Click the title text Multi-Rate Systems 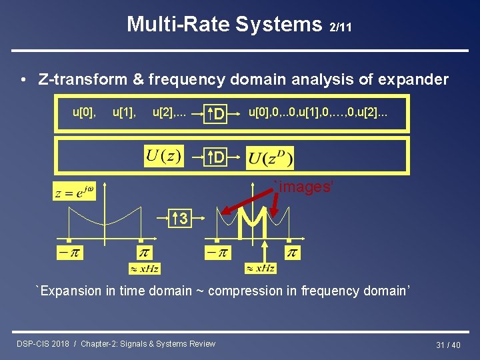coord(224,25)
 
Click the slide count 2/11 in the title coord(341,27)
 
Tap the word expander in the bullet coord(413,80)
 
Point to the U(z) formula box coord(163,157)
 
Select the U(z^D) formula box coord(270,159)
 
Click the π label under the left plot coord(144,253)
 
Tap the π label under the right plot coord(292,253)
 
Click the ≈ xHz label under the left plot coord(145,269)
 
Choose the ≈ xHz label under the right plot coord(260,268)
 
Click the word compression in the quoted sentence coord(245,291)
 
